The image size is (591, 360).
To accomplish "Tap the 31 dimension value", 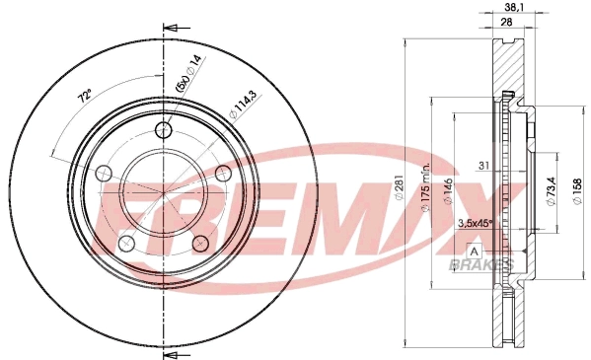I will (483, 165).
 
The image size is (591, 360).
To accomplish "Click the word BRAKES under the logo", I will (480, 266).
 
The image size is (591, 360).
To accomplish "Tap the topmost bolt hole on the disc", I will (165, 130).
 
